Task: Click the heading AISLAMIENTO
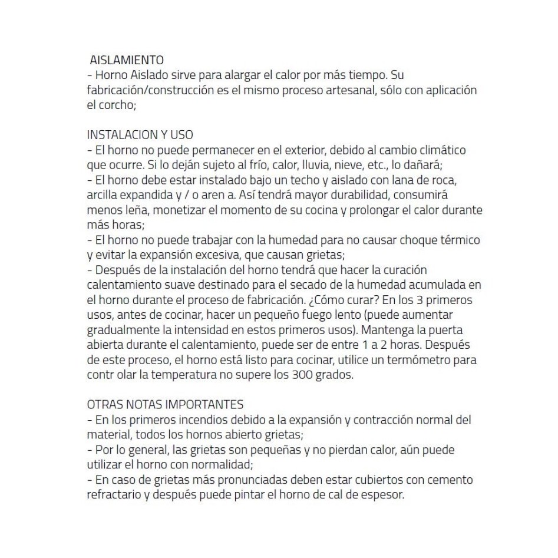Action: click(x=126, y=60)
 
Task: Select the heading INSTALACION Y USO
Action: click(x=140, y=135)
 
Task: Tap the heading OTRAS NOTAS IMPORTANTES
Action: click(x=165, y=405)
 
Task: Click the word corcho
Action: click(x=117, y=105)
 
